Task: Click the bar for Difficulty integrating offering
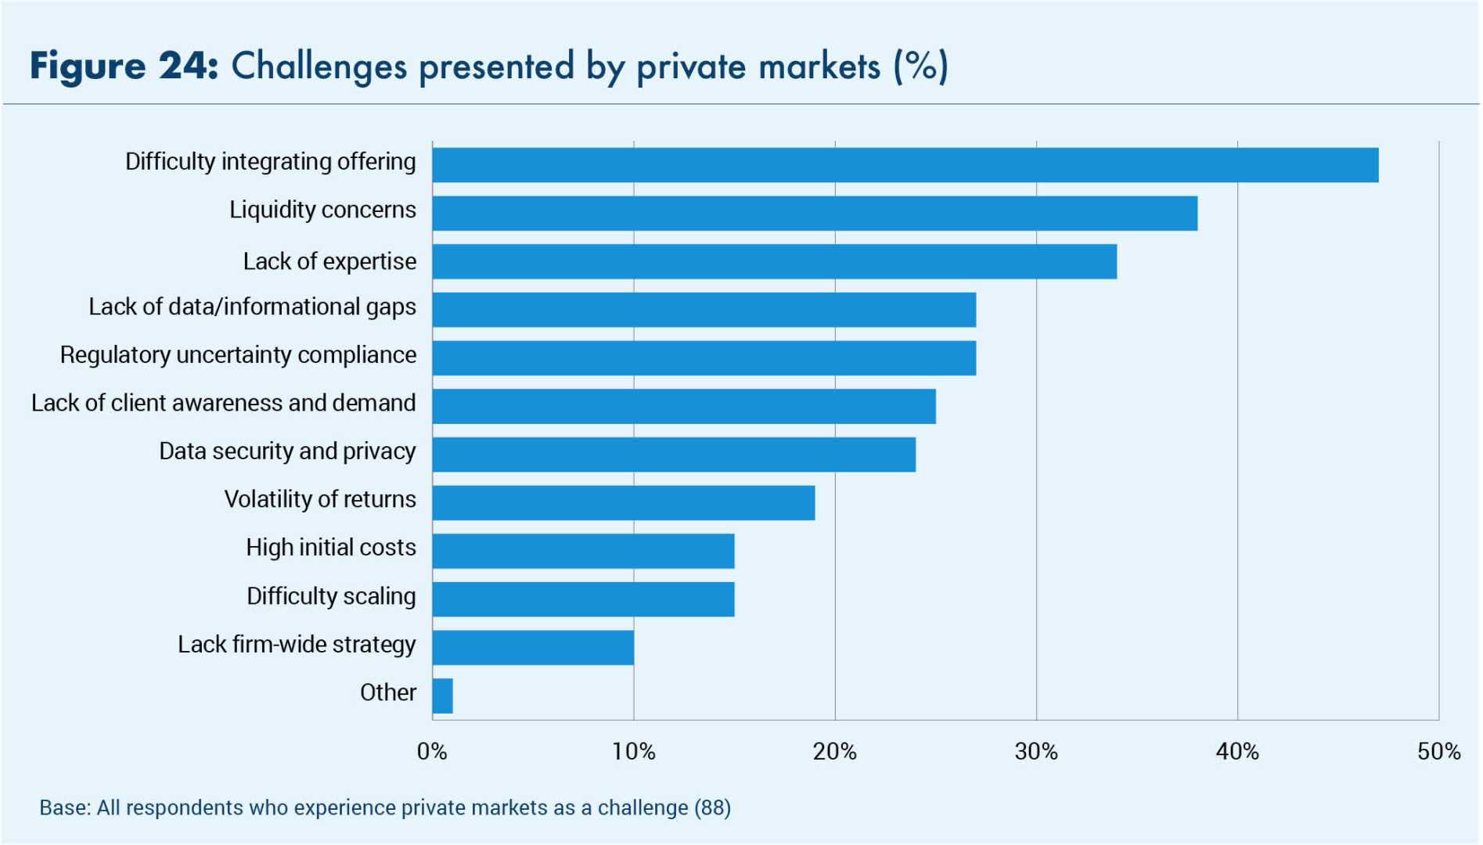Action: click(905, 165)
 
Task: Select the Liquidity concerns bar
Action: click(814, 214)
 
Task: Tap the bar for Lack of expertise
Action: click(774, 261)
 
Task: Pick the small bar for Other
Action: click(442, 696)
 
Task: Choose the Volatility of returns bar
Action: click(623, 502)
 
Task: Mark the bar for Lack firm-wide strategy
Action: click(533, 648)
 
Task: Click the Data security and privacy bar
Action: click(674, 455)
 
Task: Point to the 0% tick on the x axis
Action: click(432, 752)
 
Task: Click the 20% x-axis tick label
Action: click(834, 752)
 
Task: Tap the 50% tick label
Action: click(1438, 752)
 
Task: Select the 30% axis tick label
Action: click(1036, 752)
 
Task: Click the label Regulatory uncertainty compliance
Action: click(238, 355)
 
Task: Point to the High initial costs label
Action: click(330, 548)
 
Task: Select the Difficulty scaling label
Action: click(331, 596)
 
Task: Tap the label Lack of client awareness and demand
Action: click(223, 404)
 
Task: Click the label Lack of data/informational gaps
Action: click(252, 307)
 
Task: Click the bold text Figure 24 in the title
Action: click(124, 67)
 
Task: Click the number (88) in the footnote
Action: click(712, 807)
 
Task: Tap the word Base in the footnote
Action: click(63, 807)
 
